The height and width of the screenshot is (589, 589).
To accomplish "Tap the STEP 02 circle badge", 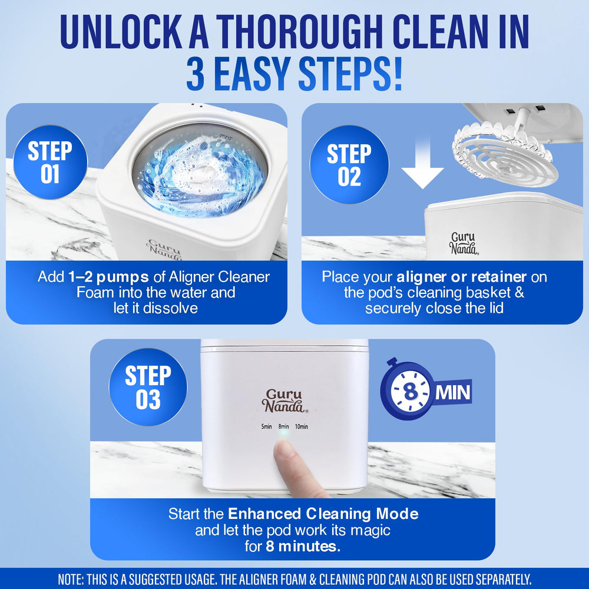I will pyautogui.click(x=349, y=164).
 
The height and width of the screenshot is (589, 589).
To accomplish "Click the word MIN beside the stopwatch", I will pyautogui.click(x=453, y=392).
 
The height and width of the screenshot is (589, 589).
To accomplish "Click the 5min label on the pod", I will pyautogui.click(x=266, y=426).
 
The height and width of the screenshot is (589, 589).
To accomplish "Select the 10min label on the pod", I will pyautogui.click(x=301, y=426).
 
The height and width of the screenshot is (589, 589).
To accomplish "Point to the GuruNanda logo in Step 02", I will pyautogui.click(x=464, y=243).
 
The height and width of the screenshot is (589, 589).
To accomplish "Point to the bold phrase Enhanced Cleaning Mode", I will pyautogui.click(x=323, y=514).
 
